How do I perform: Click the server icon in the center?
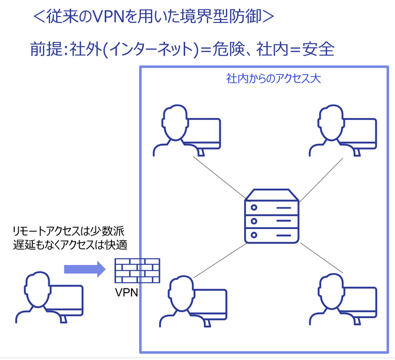point(272,217)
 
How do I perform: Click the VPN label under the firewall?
point(127,291)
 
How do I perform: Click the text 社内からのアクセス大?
point(273,78)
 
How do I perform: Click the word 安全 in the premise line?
point(318,49)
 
